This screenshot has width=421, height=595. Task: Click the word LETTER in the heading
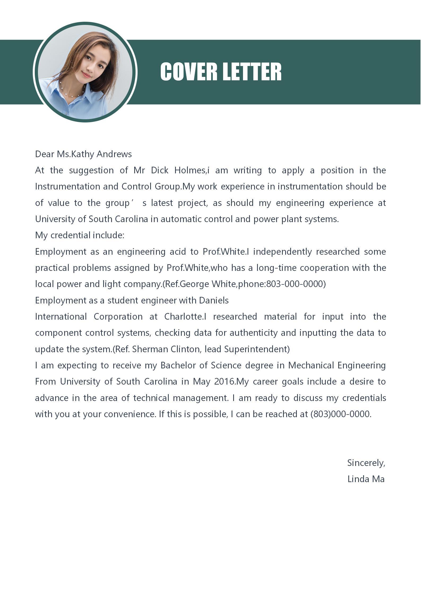click(251, 72)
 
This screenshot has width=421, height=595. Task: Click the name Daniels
click(214, 300)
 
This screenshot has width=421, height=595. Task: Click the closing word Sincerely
click(366, 463)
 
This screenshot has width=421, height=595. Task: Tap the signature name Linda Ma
click(366, 479)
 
